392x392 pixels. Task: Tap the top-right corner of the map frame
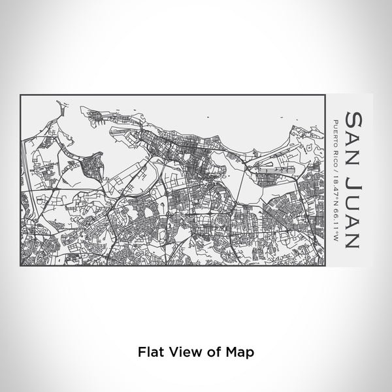(325, 95)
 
